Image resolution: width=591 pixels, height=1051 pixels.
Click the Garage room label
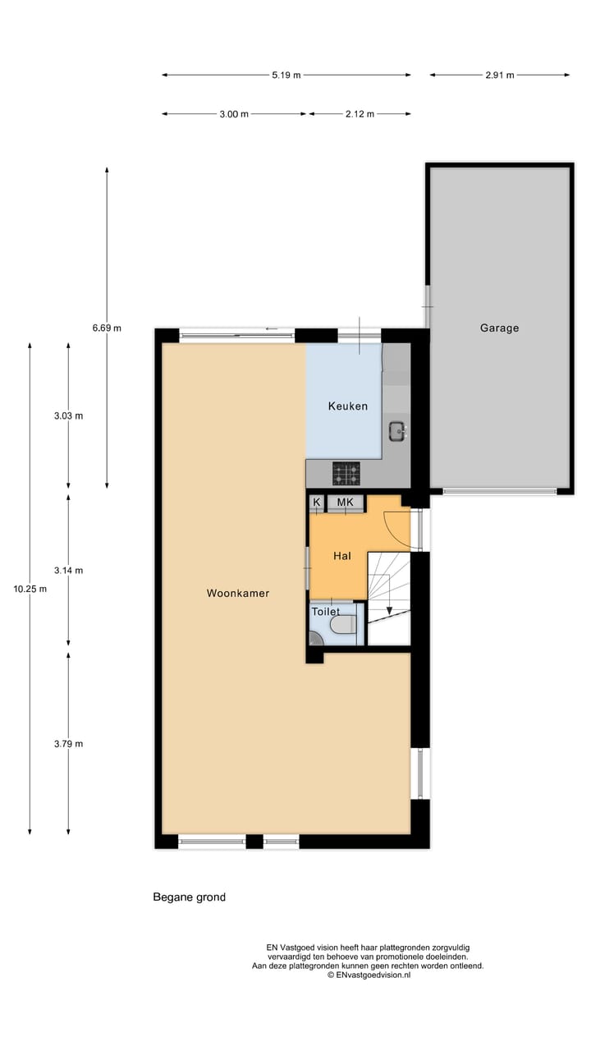pos(499,328)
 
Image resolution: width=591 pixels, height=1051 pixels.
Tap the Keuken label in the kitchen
pos(348,406)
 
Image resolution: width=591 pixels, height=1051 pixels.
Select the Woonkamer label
pos(238,593)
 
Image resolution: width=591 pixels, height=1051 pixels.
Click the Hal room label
pos(342,556)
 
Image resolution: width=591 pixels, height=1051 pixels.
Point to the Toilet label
pos(325,612)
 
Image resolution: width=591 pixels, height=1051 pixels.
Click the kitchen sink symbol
pos(397,429)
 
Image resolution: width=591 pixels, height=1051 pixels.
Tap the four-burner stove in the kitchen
pos(346,473)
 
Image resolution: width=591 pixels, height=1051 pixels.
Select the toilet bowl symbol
pos(343,626)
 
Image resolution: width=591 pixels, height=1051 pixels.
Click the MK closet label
pos(345,502)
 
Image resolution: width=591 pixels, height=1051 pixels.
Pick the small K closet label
pos(317,502)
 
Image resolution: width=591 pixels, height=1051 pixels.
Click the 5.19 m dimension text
pos(286,76)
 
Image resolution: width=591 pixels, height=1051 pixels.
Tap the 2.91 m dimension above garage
pos(499,76)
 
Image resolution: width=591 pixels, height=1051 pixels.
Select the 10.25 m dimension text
pos(30,589)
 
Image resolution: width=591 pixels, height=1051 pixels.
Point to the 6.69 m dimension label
pos(107,328)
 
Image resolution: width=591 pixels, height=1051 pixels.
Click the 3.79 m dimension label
pos(68,744)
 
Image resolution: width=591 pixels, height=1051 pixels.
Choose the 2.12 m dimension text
pos(360,114)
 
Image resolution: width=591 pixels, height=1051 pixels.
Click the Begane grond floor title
pos(189,897)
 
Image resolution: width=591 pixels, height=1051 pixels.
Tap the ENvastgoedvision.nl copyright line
pos(369,975)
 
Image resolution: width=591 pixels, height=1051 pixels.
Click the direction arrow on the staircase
pos(389,610)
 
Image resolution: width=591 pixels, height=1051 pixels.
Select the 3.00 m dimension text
pos(234,114)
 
